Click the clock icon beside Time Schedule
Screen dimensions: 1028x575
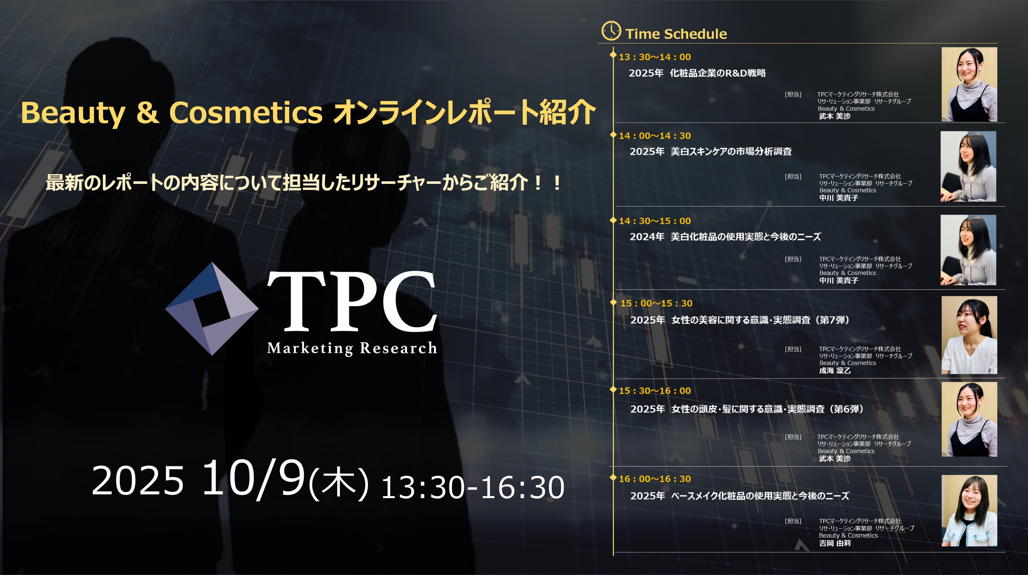[x=611, y=31]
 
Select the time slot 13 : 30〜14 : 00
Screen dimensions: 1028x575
[x=655, y=57]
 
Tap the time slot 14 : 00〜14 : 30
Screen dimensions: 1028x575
[x=655, y=136]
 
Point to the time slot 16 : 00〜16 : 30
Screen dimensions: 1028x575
[x=655, y=479]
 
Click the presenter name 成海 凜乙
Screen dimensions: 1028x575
[x=835, y=371]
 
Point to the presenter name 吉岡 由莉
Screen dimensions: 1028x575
[x=835, y=543]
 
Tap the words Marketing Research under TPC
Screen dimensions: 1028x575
[x=352, y=348]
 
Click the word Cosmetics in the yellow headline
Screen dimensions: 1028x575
[x=246, y=113]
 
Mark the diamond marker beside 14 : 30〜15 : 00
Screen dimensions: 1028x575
[x=613, y=220]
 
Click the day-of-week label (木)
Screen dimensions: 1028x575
[x=339, y=483]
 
